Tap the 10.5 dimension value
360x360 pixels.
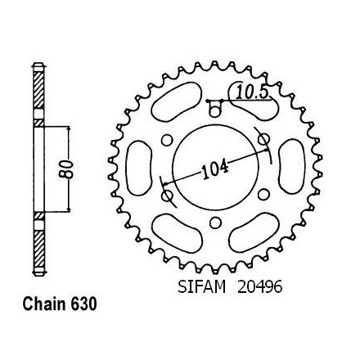point(251,92)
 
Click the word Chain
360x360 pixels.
point(44,304)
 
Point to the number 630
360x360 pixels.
point(83,304)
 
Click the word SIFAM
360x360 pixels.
point(202,287)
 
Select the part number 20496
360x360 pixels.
point(259,287)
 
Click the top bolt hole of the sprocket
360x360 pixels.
point(215,112)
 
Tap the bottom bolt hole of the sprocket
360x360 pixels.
point(215,223)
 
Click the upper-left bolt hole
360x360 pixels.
point(167,140)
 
